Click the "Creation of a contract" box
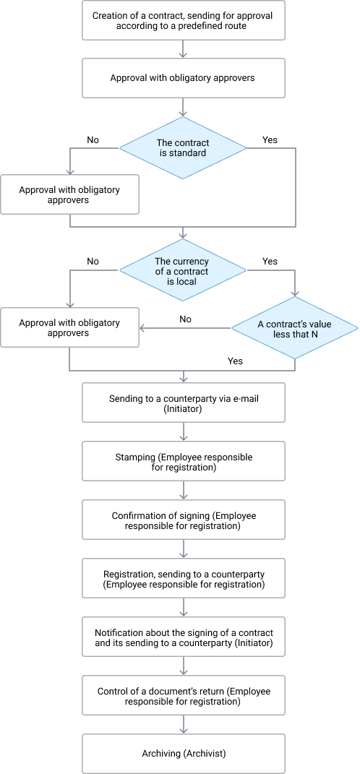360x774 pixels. (x=183, y=20)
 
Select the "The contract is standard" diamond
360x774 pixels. (x=183, y=147)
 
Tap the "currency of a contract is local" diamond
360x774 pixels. (x=183, y=270)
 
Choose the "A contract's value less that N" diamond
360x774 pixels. (x=295, y=328)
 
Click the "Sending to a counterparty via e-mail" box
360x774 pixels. (x=183, y=403)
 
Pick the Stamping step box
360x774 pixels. (x=183, y=461)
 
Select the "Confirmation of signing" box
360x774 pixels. (x=183, y=520)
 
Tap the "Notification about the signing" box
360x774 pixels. (x=183, y=637)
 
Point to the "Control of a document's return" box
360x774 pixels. (x=183, y=695)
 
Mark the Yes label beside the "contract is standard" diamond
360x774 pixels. (x=270, y=139)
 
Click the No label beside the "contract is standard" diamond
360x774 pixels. (x=93, y=139)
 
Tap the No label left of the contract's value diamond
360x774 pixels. (x=185, y=319)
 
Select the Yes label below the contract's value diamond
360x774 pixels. (x=235, y=361)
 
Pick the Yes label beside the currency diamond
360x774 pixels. (x=270, y=261)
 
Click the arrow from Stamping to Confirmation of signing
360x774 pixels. (x=183, y=490)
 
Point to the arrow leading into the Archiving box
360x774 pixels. (x=183, y=724)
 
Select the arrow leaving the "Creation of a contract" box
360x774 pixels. (x=183, y=49)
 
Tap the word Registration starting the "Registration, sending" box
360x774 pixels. (x=126, y=575)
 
